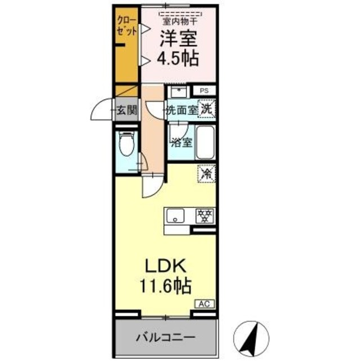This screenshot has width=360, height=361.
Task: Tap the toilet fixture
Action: (127, 144)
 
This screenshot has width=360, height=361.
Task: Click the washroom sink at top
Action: (180, 91)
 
